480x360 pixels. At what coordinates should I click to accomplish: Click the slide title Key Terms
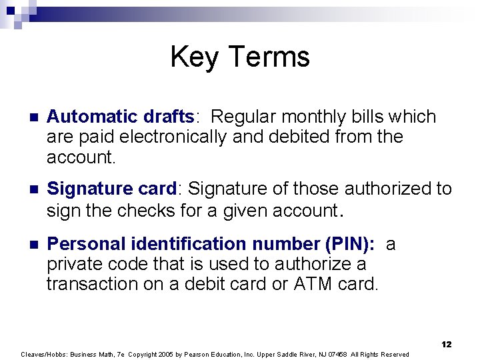240,57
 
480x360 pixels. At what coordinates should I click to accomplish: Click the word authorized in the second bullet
383,189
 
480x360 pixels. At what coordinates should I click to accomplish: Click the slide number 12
446,344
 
